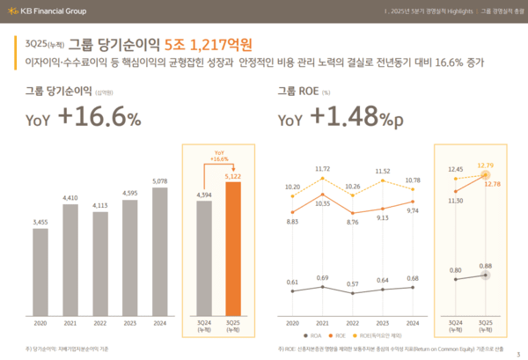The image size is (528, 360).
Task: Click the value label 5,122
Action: [x=233, y=176]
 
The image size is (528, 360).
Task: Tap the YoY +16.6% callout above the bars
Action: [x=219, y=155]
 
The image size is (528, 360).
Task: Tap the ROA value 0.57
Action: [x=351, y=284]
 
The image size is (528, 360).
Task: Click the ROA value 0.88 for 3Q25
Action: [x=485, y=266]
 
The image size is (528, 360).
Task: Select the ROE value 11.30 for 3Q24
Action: [x=454, y=201]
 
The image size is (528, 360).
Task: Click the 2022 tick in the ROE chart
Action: [x=353, y=322]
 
